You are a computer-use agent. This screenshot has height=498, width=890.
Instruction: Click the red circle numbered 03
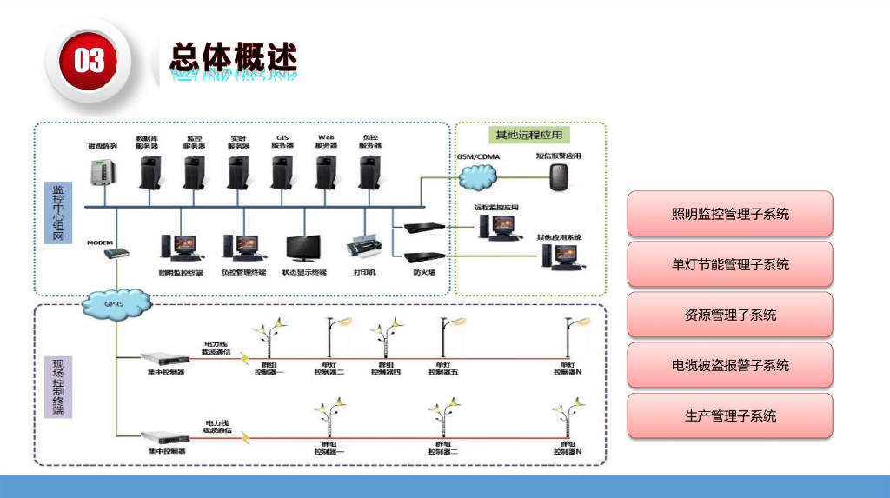click(89, 60)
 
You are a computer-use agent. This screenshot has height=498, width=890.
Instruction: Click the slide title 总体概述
click(233, 58)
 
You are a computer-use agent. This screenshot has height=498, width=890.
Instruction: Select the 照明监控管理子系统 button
click(729, 214)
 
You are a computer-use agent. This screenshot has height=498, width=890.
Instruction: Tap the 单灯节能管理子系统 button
click(729, 264)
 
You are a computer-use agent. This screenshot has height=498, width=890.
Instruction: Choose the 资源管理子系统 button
click(729, 315)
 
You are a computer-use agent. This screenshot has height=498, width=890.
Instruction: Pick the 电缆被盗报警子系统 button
click(729, 365)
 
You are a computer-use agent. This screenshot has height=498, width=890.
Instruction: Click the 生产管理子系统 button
click(729, 415)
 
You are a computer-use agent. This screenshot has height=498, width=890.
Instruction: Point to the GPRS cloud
click(116, 304)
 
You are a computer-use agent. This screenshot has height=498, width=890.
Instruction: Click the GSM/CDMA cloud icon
click(478, 176)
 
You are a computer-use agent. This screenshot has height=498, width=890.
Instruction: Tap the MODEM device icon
click(116, 254)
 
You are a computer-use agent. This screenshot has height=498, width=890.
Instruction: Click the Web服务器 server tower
click(327, 170)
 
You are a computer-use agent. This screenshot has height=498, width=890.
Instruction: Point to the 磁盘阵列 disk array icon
click(103, 176)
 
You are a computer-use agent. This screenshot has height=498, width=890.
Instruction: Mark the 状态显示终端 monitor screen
click(303, 248)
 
